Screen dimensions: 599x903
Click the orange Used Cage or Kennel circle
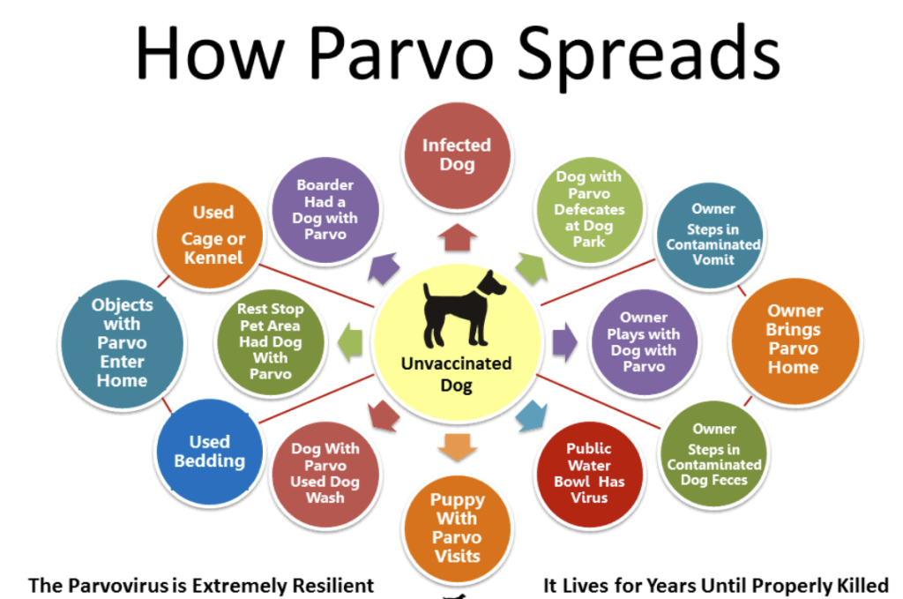pyautogui.click(x=213, y=235)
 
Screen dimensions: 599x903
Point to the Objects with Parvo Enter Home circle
pyautogui.click(x=122, y=342)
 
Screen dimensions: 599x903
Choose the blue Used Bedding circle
pyautogui.click(x=209, y=451)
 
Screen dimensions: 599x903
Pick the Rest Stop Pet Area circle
pyautogui.click(x=270, y=341)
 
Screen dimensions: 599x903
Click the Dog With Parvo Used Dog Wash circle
pyautogui.click(x=325, y=473)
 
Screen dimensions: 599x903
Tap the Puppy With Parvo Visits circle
pyautogui.click(x=456, y=528)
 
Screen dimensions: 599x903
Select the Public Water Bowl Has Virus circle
pyautogui.click(x=588, y=473)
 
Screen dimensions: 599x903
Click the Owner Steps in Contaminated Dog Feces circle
pyautogui.click(x=713, y=454)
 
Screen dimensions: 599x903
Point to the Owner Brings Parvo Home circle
pyautogui.click(x=794, y=339)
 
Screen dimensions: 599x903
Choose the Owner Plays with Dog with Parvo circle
pyautogui.click(x=643, y=341)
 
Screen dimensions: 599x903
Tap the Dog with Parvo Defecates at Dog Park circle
pyautogui.click(x=588, y=208)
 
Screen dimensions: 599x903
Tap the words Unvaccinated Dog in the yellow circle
pyautogui.click(x=456, y=374)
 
